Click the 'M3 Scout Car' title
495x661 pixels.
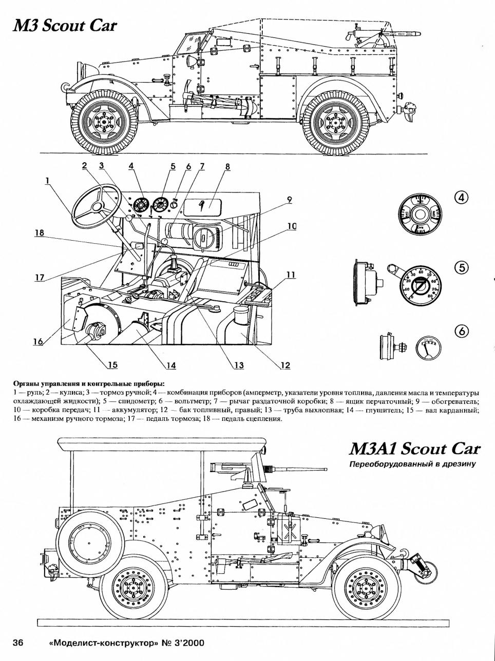point(65,26)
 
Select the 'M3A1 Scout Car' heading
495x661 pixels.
point(414,449)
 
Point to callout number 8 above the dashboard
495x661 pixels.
point(227,166)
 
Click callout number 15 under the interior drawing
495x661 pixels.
point(112,365)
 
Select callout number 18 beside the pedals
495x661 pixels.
point(39,232)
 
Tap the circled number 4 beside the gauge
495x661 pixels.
point(462,198)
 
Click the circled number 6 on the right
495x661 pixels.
point(462,332)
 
